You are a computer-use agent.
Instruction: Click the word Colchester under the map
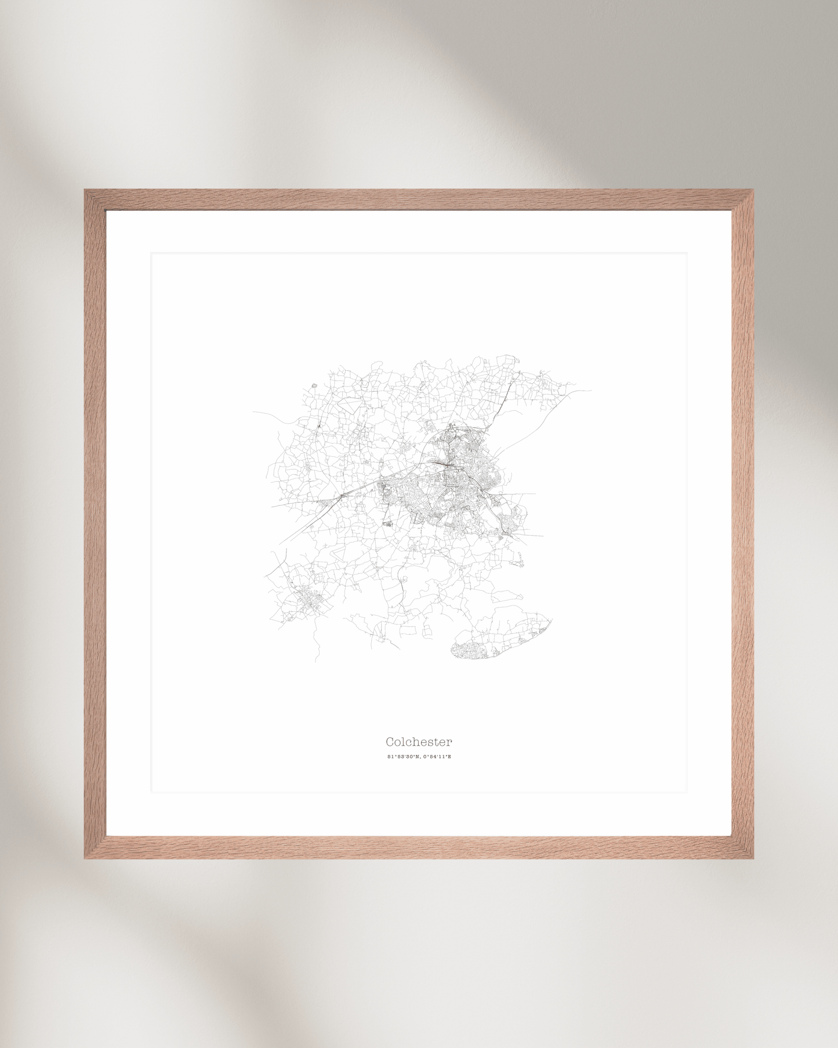(x=419, y=742)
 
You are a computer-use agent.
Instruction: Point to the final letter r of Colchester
(x=449, y=742)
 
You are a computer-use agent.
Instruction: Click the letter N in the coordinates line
(x=418, y=757)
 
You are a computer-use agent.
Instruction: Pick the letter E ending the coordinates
(x=449, y=757)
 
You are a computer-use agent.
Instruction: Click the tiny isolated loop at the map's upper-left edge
(x=314, y=385)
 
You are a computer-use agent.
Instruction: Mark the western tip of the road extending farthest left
(x=253, y=412)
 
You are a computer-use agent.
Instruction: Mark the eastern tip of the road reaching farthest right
(x=591, y=391)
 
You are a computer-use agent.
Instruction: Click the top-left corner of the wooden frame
(x=85, y=190)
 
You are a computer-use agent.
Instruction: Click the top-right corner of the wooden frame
(x=753, y=190)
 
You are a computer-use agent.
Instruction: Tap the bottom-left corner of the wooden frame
(x=85, y=858)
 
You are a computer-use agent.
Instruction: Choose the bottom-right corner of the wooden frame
(x=753, y=858)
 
